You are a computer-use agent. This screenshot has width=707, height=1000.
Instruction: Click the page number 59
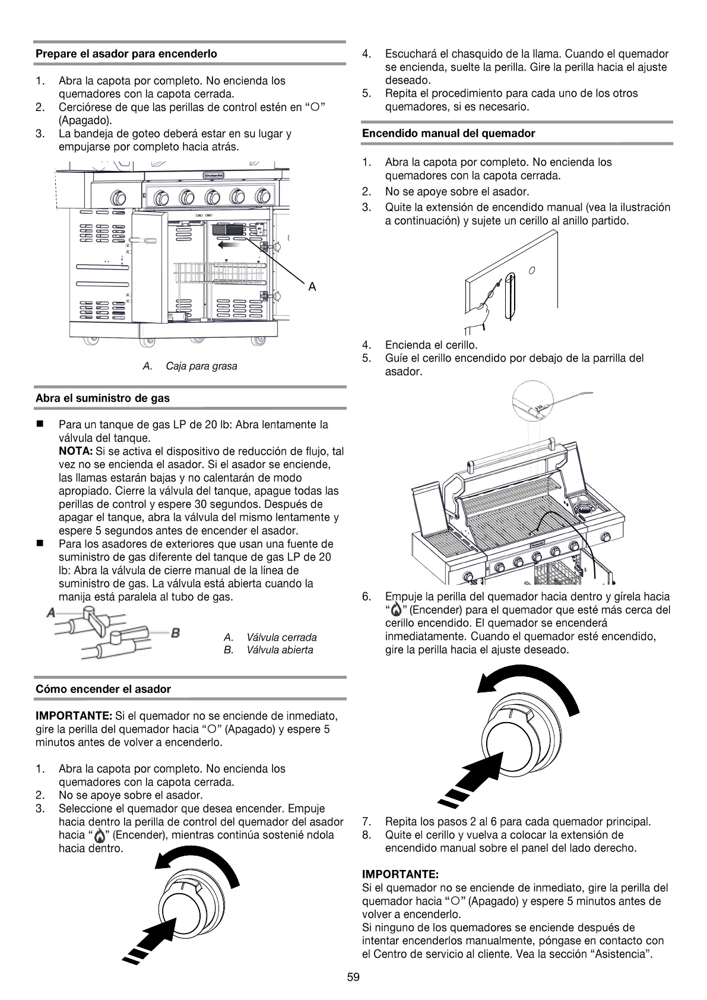click(353, 978)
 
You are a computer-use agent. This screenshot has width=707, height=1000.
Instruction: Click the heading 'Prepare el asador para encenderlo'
click(126, 53)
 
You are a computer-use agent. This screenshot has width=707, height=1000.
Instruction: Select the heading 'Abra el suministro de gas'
click(103, 398)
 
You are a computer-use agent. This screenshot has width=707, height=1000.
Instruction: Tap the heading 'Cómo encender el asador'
click(103, 689)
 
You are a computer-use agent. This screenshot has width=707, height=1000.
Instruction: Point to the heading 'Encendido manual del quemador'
click(448, 134)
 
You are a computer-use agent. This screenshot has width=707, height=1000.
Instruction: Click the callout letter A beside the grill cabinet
click(312, 287)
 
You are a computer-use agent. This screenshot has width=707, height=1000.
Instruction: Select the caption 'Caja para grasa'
click(201, 366)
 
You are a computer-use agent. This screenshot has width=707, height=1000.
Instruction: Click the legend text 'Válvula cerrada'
click(281, 637)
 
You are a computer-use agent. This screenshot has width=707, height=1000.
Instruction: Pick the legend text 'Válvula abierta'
click(280, 650)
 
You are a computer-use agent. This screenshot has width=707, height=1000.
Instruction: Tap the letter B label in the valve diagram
click(176, 633)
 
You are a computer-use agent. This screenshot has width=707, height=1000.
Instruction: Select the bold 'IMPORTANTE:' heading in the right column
click(401, 875)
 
